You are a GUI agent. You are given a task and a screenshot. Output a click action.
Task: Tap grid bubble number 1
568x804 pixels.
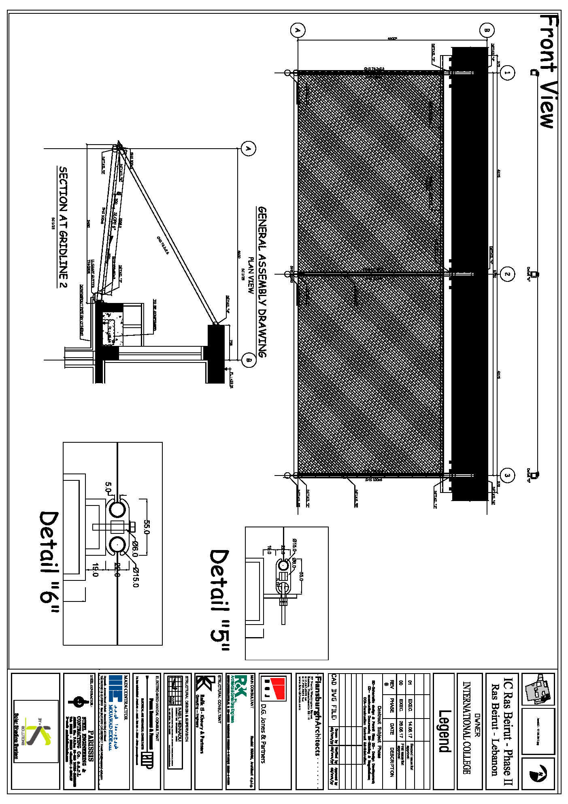[507, 73]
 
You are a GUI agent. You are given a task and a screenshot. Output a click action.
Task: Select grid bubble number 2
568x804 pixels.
[507, 274]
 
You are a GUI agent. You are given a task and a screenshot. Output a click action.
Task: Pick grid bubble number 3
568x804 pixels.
[507, 476]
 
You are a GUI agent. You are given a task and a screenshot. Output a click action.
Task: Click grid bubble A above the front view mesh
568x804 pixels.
[298, 30]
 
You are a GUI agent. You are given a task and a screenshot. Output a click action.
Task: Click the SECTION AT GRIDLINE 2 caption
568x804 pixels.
[63, 227]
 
